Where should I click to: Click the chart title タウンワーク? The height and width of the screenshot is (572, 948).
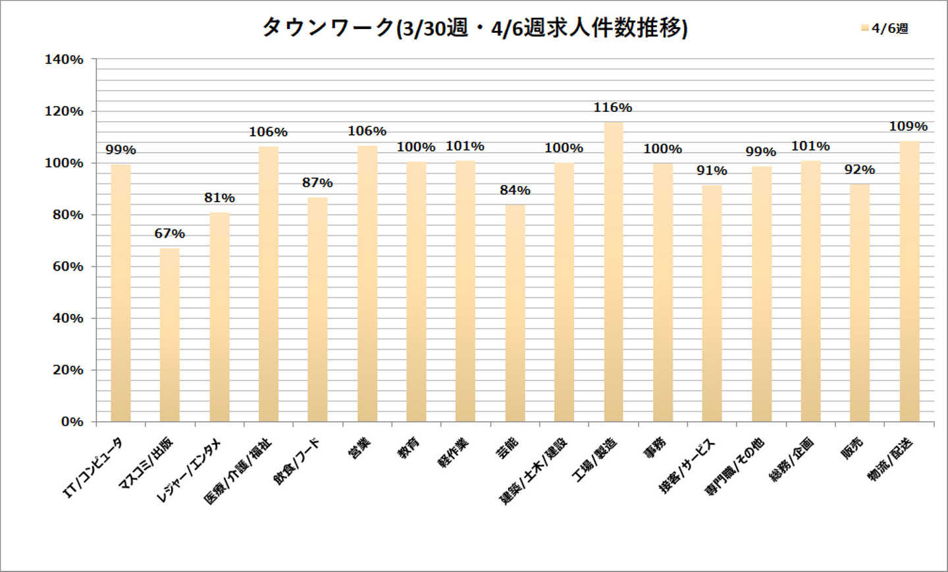point(475,28)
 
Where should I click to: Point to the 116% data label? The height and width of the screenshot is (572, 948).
point(613,107)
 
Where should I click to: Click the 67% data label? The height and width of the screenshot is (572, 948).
point(170,234)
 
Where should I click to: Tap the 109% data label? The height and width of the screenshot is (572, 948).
point(908,126)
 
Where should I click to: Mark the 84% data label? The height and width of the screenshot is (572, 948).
point(515,190)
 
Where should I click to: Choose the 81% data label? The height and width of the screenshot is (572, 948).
point(219,198)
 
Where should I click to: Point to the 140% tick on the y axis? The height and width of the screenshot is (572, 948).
point(64,60)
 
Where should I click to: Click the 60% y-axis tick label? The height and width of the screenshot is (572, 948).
point(68,267)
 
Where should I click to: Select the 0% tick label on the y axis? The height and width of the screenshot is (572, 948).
point(72,422)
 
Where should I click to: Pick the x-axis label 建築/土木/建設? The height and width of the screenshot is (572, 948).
point(534,471)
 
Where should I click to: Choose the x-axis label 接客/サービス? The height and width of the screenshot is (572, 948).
point(687,466)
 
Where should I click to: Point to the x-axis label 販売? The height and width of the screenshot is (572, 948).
point(853,448)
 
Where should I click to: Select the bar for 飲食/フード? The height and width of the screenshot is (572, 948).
point(317,309)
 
